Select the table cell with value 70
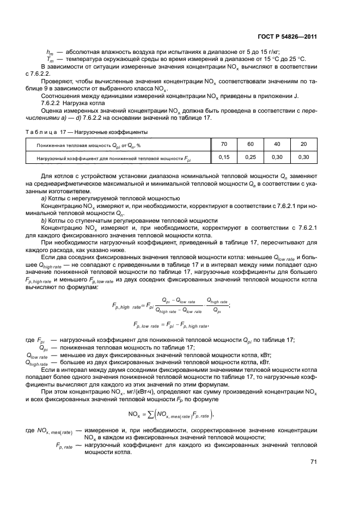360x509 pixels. click(x=224, y=144)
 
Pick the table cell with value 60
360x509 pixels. click(x=251, y=144)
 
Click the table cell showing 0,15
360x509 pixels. click(x=224, y=157)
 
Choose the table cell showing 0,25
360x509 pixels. click(x=251, y=157)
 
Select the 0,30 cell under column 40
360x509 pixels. click(x=277, y=157)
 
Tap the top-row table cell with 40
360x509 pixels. click(x=277, y=144)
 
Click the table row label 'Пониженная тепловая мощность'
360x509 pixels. click(x=88, y=145)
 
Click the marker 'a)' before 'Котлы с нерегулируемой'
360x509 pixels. click(x=44, y=198)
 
